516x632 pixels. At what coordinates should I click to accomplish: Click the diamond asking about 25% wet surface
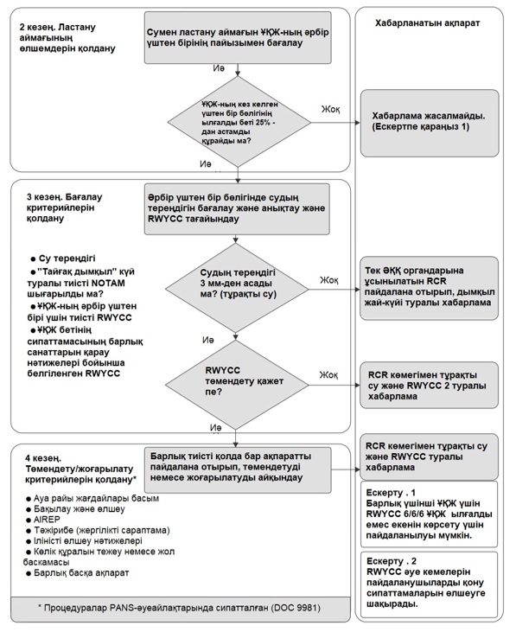click(x=239, y=122)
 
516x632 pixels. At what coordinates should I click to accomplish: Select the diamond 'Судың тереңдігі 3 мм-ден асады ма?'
click(x=238, y=289)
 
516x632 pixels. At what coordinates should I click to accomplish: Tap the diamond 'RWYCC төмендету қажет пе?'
click(x=238, y=385)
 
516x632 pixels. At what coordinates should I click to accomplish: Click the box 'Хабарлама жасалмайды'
click(x=430, y=123)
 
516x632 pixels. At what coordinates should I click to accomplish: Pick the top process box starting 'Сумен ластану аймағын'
click(x=238, y=37)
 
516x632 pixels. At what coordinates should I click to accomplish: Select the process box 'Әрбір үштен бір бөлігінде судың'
click(x=237, y=208)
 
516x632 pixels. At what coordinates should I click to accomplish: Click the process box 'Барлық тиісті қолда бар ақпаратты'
click(x=238, y=469)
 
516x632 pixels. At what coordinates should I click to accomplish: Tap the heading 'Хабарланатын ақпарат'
click(x=427, y=23)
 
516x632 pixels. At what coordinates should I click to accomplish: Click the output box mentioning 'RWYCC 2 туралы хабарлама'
click(x=429, y=386)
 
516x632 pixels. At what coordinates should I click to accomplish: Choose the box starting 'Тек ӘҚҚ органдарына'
click(x=429, y=288)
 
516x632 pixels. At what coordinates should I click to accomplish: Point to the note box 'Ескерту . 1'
click(x=429, y=514)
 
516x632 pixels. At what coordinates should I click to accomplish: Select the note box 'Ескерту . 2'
click(x=429, y=584)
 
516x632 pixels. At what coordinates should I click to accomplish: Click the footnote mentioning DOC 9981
click(x=180, y=608)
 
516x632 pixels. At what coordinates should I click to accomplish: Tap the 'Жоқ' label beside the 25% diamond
click(x=330, y=109)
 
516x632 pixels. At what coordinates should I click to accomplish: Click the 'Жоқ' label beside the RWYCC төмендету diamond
click(x=328, y=375)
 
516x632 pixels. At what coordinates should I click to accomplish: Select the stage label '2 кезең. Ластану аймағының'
click(x=67, y=38)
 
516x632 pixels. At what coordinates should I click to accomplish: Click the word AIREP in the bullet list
click(x=47, y=520)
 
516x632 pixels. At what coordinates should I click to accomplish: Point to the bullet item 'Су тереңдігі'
click(x=63, y=258)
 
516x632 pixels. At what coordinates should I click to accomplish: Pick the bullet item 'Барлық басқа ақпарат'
click(x=78, y=572)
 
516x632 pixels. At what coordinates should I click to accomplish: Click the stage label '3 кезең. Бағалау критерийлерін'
click(x=65, y=207)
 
